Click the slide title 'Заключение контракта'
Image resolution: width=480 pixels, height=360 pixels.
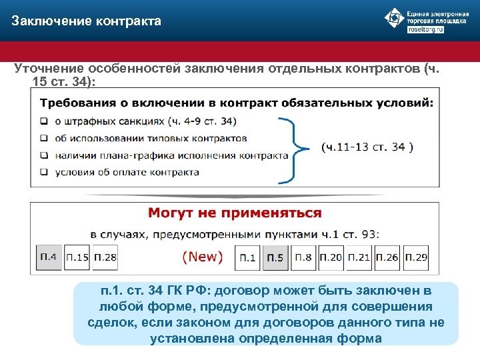tap(86, 21)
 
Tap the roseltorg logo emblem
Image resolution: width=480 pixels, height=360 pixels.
tap(395, 18)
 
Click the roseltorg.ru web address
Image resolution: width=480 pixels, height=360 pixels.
tap(425, 29)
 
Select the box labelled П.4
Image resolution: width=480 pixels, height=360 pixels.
tap(49, 256)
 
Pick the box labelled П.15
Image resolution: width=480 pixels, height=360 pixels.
tap(78, 257)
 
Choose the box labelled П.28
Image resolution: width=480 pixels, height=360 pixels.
tap(105, 257)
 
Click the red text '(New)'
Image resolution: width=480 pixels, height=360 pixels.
tap(203, 257)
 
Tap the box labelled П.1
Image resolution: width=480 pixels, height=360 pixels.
tap(248, 257)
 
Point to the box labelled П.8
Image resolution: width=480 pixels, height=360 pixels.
tap(303, 257)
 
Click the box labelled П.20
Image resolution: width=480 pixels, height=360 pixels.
tap(331, 257)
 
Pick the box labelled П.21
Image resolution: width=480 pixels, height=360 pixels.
tap(359, 257)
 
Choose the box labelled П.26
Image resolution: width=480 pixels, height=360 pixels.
tap(387, 257)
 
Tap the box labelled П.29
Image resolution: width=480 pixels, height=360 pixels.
tap(415, 257)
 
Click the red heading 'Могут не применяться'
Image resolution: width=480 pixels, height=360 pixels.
tap(235, 213)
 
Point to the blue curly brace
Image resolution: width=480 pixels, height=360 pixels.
tap(292, 148)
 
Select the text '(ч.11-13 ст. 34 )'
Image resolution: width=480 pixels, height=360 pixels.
tap(367, 147)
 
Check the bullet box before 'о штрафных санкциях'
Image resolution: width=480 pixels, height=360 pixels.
tap(44, 121)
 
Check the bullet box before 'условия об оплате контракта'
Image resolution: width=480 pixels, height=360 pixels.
tap(44, 172)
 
